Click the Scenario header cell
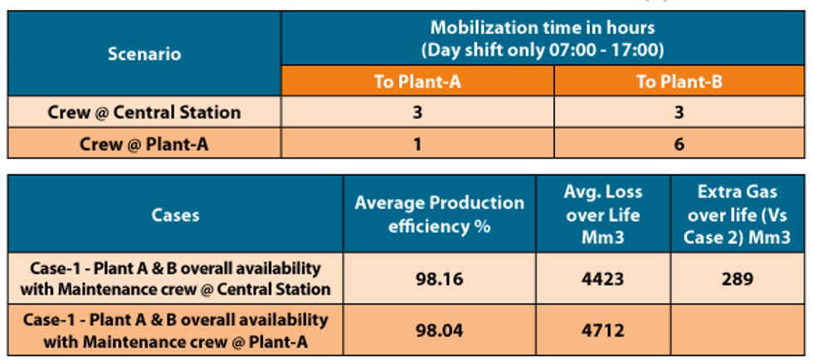tap(144, 55)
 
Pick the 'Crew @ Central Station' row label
tap(144, 111)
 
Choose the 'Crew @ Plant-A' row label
tap(144, 143)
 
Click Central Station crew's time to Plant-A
tap(417, 111)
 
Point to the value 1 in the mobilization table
tap(417, 143)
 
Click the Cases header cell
tap(175, 215)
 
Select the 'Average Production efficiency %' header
tap(439, 215)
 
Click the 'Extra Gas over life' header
tap(737, 215)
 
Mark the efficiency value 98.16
tap(439, 280)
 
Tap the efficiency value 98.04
tap(439, 330)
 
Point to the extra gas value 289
tap(737, 280)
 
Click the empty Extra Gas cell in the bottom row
tap(737, 330)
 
